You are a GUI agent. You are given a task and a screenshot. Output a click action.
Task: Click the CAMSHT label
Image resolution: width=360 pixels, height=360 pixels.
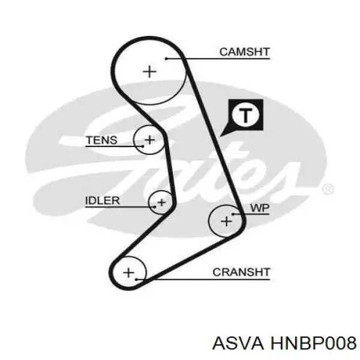click(x=245, y=52)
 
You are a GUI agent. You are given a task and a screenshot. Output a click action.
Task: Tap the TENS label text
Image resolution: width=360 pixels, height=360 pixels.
click(x=101, y=140)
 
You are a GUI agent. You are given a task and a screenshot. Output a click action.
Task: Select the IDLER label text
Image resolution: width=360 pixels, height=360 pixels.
click(x=103, y=200)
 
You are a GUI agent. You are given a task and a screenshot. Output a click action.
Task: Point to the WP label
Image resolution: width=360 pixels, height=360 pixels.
click(x=260, y=208)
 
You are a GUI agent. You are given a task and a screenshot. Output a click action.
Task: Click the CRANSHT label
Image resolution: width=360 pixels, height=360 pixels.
click(x=241, y=272)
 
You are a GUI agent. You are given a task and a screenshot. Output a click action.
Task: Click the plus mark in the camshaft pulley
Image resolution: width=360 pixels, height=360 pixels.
click(x=149, y=71)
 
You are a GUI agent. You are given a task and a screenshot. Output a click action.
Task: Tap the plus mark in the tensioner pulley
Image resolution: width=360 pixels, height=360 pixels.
click(x=149, y=140)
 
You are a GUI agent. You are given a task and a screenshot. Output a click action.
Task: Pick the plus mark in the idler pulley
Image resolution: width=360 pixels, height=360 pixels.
click(x=162, y=203)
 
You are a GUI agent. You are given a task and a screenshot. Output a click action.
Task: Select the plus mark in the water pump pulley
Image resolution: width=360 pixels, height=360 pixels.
click(x=226, y=221)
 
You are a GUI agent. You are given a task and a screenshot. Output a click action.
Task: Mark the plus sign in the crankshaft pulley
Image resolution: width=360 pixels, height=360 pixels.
click(x=128, y=273)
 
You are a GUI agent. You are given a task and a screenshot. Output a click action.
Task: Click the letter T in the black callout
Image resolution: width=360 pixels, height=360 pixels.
click(x=245, y=115)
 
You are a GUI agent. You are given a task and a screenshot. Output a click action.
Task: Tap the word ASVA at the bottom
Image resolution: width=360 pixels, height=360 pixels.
click(x=238, y=343)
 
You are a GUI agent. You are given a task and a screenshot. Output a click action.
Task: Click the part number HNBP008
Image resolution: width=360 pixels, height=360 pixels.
click(x=314, y=343)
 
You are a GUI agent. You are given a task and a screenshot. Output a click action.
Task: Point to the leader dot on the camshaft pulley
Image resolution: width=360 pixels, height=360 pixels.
click(x=166, y=59)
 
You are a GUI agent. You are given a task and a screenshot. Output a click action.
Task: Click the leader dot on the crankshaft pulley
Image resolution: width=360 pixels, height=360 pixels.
click(x=136, y=280)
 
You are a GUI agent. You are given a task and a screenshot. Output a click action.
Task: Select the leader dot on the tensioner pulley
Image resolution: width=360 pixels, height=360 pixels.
click(x=143, y=146)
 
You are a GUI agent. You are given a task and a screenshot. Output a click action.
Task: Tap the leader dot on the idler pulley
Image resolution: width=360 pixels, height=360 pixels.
click(x=155, y=207)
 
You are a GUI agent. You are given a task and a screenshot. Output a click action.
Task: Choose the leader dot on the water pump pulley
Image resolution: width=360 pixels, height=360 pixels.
click(x=233, y=214)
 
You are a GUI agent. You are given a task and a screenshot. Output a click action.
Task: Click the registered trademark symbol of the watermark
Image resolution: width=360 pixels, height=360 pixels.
click(x=328, y=190)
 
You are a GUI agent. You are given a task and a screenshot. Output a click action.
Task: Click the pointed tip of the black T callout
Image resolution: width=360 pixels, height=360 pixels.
click(x=220, y=137)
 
